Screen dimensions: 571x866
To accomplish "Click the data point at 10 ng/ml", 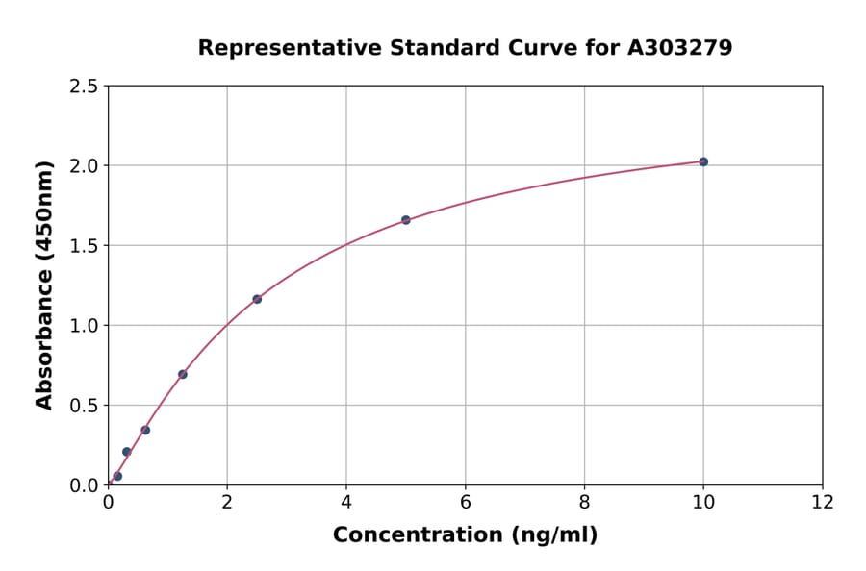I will click(x=703, y=161).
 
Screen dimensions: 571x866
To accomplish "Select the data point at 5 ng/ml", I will click(x=406, y=220).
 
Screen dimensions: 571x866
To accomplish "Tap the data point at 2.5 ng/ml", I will click(x=257, y=299).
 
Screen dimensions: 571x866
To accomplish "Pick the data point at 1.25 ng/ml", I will click(x=183, y=374).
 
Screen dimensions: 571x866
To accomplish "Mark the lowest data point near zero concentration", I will click(x=117, y=476).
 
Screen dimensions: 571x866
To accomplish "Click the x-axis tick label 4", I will click(x=346, y=502).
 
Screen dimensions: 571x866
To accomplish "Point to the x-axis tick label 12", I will click(x=823, y=502).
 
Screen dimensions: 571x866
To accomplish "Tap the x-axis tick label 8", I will click(x=584, y=502).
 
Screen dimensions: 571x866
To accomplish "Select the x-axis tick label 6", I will click(x=466, y=502).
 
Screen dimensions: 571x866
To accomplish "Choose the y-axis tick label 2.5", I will click(x=85, y=87).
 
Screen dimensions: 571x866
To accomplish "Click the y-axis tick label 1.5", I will click(x=85, y=246).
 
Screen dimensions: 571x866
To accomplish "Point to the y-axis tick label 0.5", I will click(x=85, y=406).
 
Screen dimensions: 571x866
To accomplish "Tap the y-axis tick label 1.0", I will click(x=85, y=326).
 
